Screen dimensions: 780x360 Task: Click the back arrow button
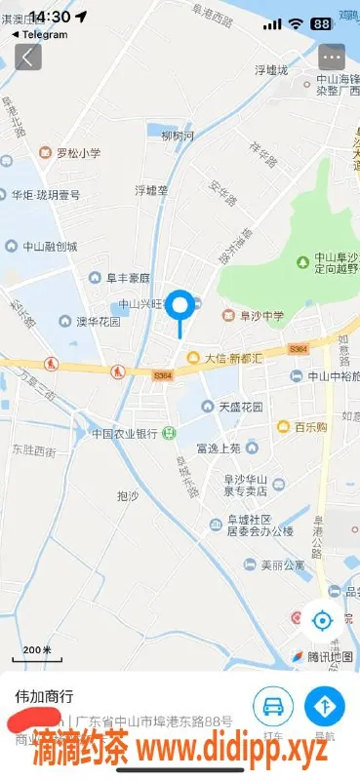[x=26, y=56]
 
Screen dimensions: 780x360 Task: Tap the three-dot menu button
[x=332, y=56]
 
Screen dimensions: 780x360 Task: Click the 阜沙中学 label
[x=258, y=315]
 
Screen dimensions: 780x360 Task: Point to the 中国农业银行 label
[x=125, y=433]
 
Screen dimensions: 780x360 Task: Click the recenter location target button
[x=322, y=619]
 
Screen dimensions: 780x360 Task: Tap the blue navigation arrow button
[x=324, y=705]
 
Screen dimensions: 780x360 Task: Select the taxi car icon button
[x=273, y=705]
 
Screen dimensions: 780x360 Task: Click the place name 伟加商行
[x=44, y=697]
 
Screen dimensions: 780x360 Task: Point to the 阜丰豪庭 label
[x=128, y=277]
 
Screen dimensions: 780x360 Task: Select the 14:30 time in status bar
[x=50, y=17]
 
